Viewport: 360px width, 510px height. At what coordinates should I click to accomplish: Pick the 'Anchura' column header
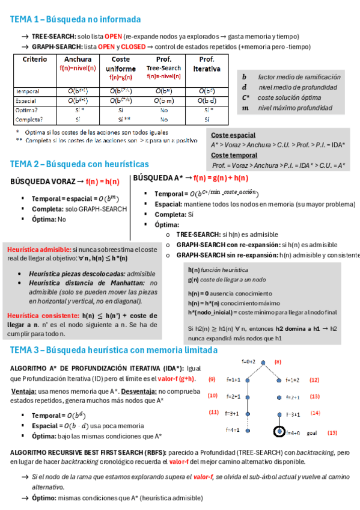78,60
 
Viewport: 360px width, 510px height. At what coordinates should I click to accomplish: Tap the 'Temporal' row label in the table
29,91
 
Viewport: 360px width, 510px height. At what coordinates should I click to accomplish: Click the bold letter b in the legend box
245,77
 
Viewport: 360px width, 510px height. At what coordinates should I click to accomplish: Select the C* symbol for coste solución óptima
246,97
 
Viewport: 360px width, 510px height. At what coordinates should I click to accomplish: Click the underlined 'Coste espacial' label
233,135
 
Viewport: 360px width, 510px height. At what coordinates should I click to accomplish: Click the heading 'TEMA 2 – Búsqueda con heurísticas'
79,164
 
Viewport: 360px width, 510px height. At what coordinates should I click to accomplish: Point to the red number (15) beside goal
332,432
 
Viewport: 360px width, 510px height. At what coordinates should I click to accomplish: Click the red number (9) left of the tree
212,379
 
